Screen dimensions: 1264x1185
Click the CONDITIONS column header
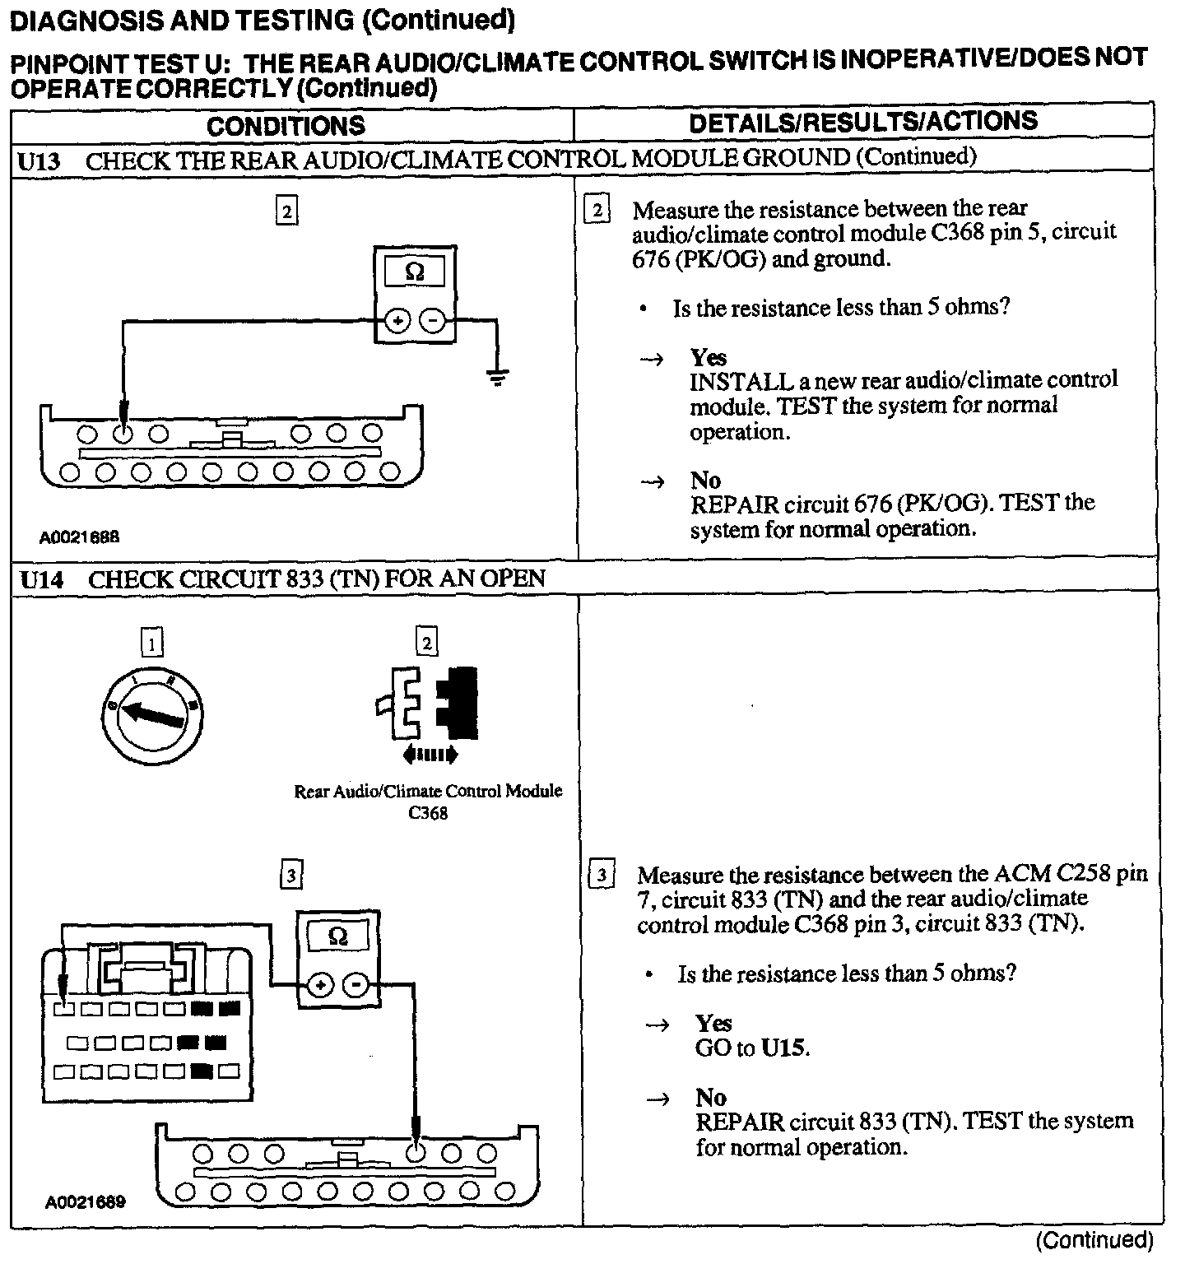(x=286, y=125)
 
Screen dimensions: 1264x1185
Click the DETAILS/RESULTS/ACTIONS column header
(x=863, y=122)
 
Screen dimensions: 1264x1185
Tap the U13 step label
(x=39, y=160)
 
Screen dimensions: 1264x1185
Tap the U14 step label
(x=41, y=579)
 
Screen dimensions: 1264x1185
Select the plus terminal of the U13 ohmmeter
(x=397, y=321)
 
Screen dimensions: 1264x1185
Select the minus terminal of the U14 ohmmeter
(x=356, y=984)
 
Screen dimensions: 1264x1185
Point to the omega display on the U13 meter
(x=415, y=271)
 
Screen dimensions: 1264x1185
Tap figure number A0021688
(x=80, y=537)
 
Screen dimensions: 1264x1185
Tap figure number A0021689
(x=86, y=1202)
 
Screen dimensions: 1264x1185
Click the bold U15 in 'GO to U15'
(x=784, y=1048)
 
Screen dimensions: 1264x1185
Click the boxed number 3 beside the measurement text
(x=602, y=875)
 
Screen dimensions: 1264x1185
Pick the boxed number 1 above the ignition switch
(x=152, y=642)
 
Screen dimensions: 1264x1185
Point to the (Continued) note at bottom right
(x=1094, y=1239)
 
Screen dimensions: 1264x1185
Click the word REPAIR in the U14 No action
(x=739, y=1122)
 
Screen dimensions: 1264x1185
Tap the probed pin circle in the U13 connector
(x=123, y=433)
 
